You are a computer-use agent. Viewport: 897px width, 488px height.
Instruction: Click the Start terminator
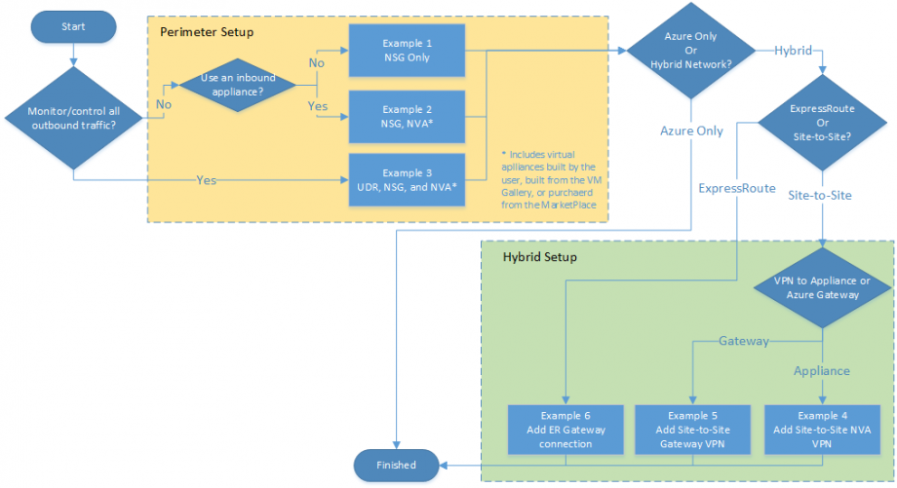(73, 27)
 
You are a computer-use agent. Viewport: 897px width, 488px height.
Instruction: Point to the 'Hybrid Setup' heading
(539, 258)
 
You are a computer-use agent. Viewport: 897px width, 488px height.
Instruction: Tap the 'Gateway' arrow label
(743, 341)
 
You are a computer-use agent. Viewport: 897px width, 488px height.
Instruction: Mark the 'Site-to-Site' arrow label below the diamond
(820, 195)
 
